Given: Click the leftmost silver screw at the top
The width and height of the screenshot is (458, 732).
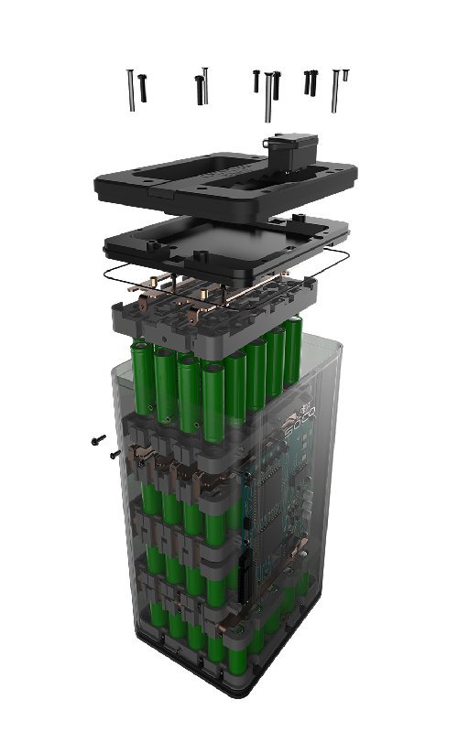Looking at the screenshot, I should coord(131,90).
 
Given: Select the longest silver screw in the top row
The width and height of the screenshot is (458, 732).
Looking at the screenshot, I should coord(267,96).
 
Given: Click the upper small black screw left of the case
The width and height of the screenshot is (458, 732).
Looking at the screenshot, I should coord(97,441).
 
